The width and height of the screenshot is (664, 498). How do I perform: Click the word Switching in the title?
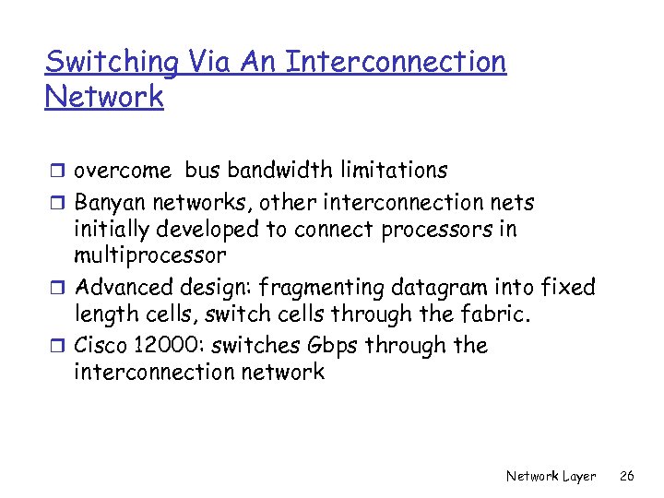pos(112,63)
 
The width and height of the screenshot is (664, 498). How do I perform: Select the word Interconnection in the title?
pos(396,63)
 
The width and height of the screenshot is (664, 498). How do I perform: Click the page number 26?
pos(628,476)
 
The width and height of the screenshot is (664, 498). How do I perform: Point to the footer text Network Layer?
pos(551,476)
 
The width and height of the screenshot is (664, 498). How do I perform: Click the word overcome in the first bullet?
pos(123,171)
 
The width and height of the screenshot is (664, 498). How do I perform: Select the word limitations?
pos(387,171)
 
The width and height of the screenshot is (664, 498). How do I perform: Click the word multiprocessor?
pos(149,255)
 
